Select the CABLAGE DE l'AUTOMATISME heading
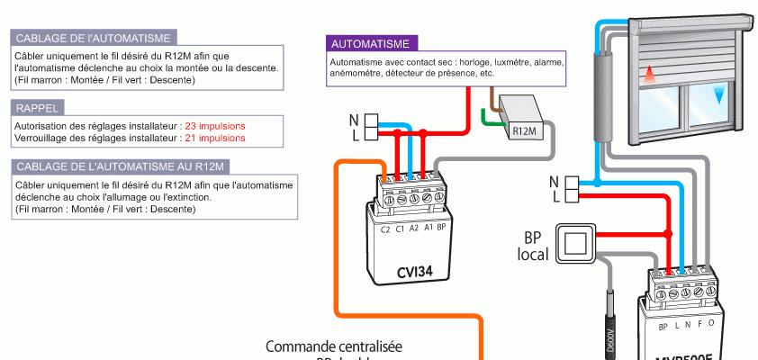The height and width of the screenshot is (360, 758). click(x=94, y=38)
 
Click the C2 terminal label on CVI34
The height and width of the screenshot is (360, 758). click(x=384, y=229)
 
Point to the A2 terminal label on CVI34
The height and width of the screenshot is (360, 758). click(x=413, y=229)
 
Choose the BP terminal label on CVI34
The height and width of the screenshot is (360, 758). click(x=441, y=229)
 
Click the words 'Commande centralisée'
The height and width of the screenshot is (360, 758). click(x=334, y=346)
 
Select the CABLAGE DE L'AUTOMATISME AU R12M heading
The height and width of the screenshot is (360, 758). click(x=120, y=166)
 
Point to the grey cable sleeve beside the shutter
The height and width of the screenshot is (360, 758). click(x=601, y=94)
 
